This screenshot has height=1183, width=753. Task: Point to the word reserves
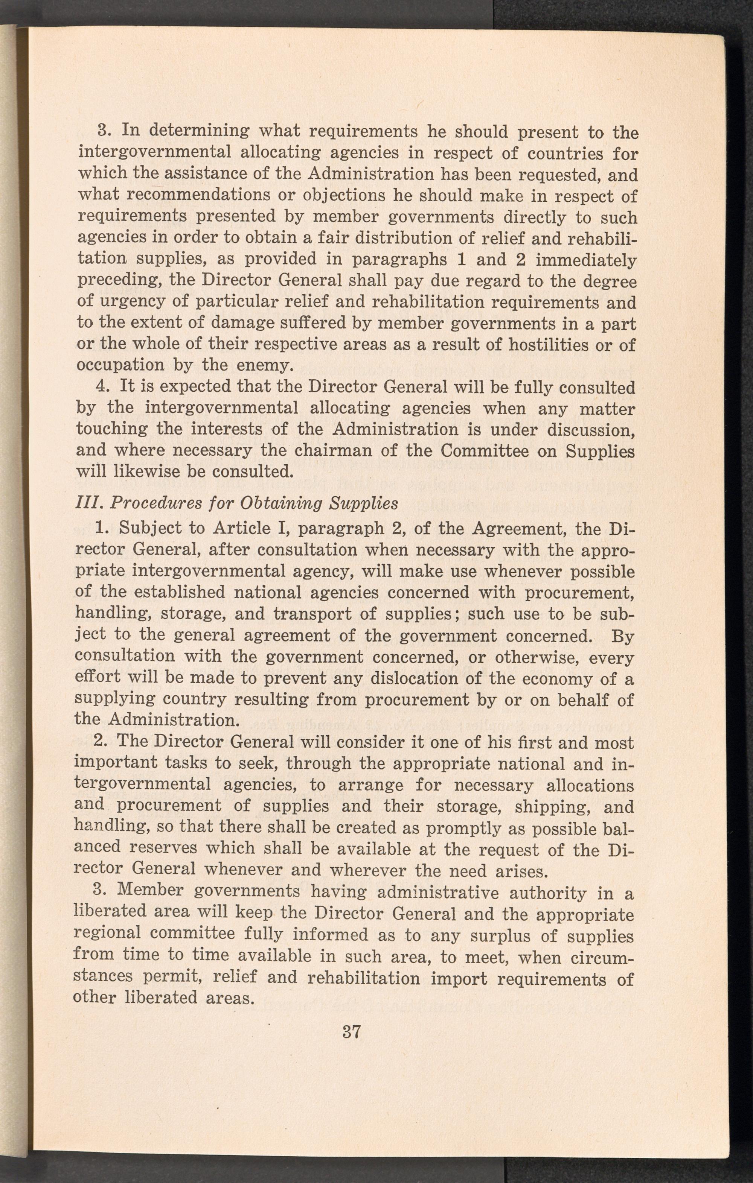click(x=163, y=849)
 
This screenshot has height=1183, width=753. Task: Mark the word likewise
click(x=149, y=472)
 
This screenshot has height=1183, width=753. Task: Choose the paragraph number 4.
click(x=102, y=387)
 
